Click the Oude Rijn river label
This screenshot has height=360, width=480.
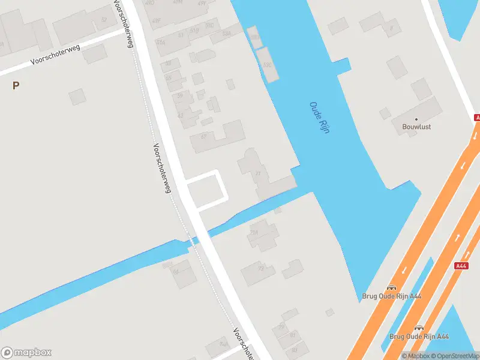pos(319,117)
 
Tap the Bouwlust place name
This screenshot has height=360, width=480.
pos(416,127)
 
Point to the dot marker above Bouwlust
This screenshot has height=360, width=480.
pos(416,119)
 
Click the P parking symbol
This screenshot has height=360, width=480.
pos(16,85)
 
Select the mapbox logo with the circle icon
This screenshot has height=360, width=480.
pos(26,353)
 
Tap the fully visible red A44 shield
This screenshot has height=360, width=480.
pos(461,266)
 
